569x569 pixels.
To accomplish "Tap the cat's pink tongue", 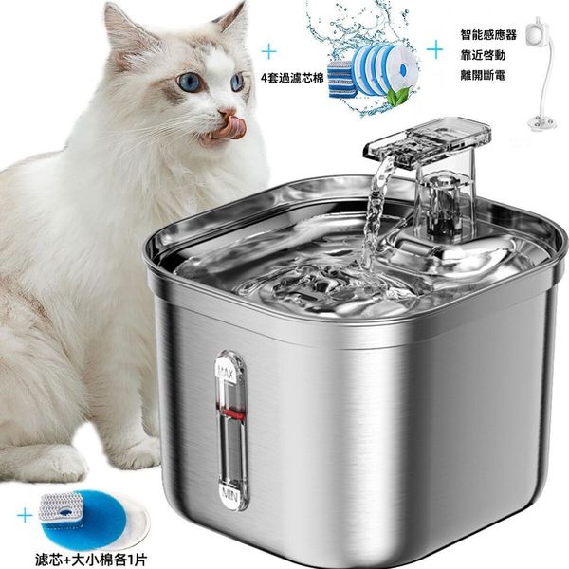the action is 231,128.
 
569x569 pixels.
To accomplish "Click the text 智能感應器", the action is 488,35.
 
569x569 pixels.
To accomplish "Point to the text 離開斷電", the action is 483,76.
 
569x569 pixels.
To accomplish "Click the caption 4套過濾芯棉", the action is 292,78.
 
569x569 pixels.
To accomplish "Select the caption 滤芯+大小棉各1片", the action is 91,560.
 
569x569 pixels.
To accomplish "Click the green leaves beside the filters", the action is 396,95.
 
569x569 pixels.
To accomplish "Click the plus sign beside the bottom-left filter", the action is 25,516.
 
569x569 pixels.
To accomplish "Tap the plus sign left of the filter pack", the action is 269,51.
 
